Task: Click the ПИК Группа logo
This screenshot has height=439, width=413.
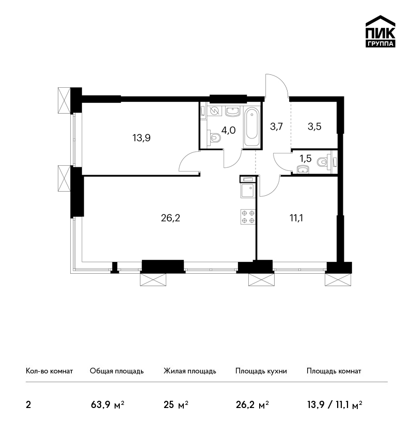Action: point(380,32)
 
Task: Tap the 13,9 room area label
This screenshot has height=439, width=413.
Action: point(141,138)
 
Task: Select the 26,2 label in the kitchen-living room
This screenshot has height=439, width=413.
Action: point(170,217)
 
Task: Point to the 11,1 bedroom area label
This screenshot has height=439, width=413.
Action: point(296,217)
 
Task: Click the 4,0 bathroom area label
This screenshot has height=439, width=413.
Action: point(228,130)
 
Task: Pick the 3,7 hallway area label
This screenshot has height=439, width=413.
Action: point(277,127)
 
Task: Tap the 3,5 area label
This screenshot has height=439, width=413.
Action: point(314,127)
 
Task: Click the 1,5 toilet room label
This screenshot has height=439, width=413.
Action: point(306,159)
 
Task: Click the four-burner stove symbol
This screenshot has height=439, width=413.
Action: point(248,217)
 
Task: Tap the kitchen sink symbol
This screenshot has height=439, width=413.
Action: point(247,191)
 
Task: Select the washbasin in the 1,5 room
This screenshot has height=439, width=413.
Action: point(303,169)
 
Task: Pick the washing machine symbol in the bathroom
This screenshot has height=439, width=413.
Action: point(215,111)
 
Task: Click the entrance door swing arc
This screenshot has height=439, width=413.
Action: point(277,85)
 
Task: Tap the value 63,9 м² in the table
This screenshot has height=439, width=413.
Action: point(107,404)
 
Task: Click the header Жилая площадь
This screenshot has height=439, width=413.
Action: point(189,371)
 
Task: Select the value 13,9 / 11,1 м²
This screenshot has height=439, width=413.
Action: point(335,404)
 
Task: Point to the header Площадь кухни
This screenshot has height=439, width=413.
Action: point(261,371)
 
